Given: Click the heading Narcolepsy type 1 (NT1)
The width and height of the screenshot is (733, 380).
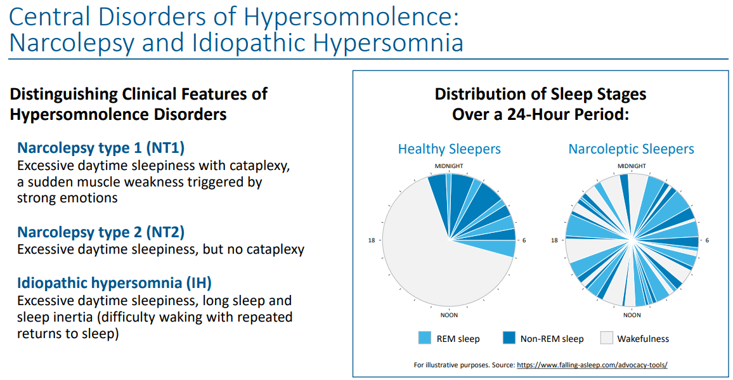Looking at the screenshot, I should (x=101, y=148).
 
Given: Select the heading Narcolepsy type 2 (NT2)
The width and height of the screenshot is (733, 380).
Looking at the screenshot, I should (x=101, y=232).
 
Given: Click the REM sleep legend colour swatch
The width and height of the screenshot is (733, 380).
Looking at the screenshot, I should (x=424, y=338).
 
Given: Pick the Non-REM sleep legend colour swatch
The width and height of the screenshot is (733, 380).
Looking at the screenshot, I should (x=509, y=338).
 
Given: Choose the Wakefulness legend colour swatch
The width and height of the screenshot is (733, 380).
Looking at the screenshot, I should (x=606, y=338).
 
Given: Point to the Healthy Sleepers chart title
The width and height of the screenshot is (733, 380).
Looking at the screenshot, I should (x=449, y=149).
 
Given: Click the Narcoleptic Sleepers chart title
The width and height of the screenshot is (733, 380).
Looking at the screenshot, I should (x=631, y=149).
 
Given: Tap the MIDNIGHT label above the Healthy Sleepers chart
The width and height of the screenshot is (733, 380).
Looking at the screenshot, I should (x=449, y=166).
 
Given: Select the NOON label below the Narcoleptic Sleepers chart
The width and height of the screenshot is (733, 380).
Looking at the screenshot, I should (x=632, y=315).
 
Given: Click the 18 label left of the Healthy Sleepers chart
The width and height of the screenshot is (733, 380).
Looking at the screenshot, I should (x=372, y=240).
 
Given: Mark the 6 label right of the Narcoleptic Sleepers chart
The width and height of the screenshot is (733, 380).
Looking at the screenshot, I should (x=707, y=240).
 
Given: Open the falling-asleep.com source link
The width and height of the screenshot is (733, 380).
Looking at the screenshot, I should (x=592, y=365).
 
